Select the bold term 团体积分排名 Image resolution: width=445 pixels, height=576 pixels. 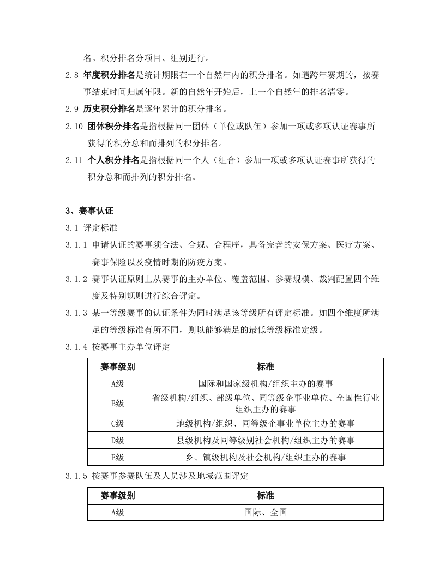[x=113, y=126]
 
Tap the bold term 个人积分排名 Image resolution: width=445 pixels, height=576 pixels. [x=113, y=160]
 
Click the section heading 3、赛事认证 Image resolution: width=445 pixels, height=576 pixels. [x=89, y=211]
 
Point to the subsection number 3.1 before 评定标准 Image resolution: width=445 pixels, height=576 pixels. [x=71, y=227]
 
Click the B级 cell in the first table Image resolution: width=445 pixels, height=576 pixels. [x=117, y=404]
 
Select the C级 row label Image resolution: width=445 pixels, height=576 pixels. [x=117, y=423]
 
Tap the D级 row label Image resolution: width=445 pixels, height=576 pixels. [x=117, y=440]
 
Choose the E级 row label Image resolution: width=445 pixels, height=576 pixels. [x=117, y=457]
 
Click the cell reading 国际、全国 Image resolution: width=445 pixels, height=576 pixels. [x=266, y=512]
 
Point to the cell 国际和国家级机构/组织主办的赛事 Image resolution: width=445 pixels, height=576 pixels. [x=266, y=383]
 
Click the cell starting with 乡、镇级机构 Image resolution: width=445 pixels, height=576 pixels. [x=266, y=457]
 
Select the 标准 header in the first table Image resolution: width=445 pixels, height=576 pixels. [x=266, y=366]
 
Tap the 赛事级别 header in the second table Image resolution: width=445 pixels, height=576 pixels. [x=117, y=495]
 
